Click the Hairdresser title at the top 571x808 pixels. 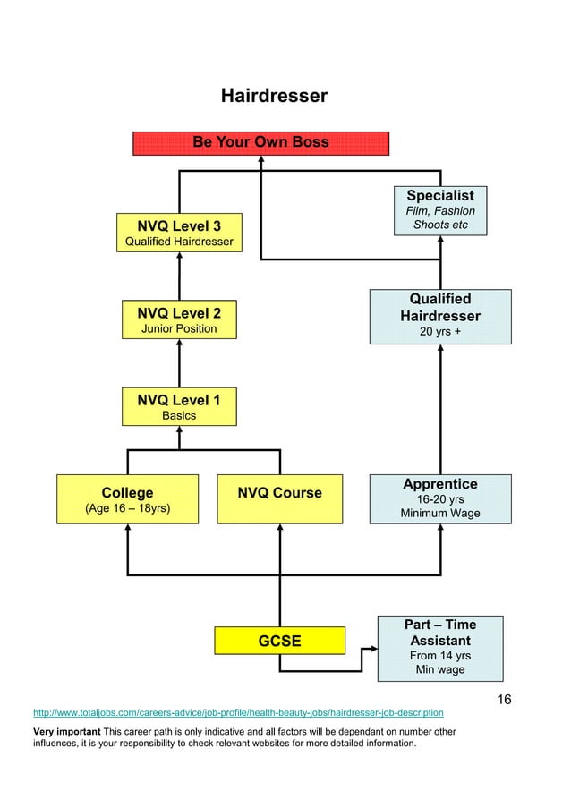tap(274, 96)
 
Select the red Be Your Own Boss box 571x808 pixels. tap(260, 143)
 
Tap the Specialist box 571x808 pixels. tap(440, 209)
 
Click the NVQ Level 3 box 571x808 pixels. tap(179, 233)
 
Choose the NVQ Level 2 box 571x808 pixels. tap(179, 319)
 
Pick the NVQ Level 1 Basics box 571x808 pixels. tap(179, 407)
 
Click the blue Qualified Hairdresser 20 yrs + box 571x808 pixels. tap(440, 316)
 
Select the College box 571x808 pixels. tap(127, 499)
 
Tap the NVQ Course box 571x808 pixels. tap(279, 499)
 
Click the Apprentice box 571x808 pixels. tap(440, 498)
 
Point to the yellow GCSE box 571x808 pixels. tap(279, 641)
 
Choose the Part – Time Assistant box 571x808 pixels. tap(440, 648)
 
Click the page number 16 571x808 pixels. tap(504, 700)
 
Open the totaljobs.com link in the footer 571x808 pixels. tap(238, 713)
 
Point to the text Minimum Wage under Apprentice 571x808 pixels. tap(440, 514)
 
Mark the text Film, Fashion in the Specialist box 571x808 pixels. tap(440, 211)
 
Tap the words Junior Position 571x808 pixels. tap(179, 329)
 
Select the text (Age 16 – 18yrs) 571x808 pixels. tap(127, 509)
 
